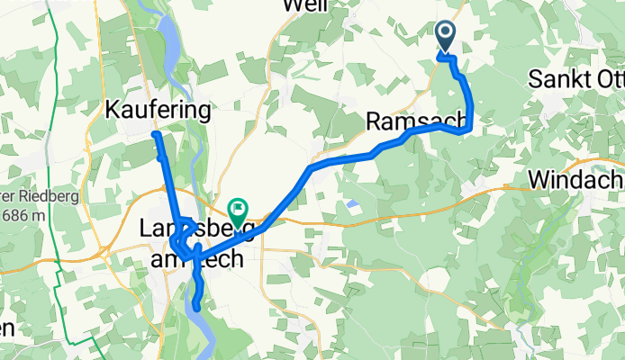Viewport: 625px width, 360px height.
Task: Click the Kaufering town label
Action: pos(158,111)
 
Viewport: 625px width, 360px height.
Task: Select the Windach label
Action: pos(575,178)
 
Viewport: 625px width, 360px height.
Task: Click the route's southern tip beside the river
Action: pos(195,310)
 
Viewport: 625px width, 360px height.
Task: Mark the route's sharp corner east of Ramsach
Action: pos(467,130)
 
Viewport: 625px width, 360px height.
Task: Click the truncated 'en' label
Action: pos(6,328)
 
